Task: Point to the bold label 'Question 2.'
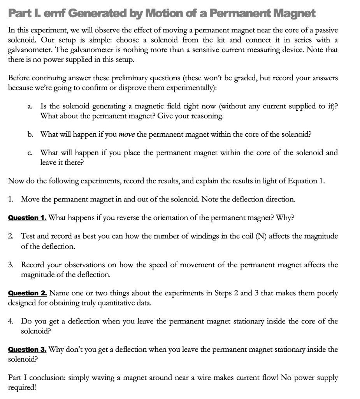[28, 293]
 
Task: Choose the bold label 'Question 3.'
[28, 349]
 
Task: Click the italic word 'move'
[127, 134]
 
